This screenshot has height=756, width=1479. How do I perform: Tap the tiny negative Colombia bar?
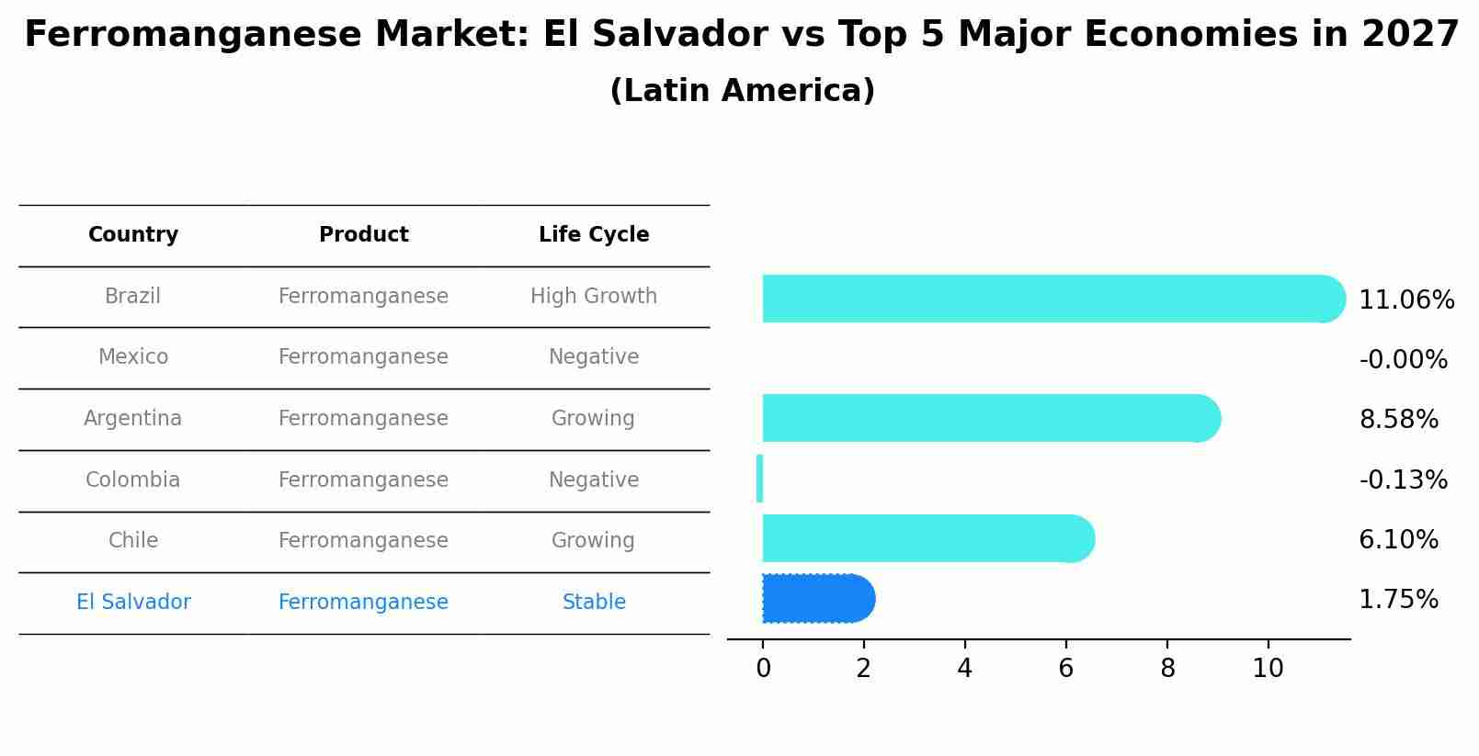759,479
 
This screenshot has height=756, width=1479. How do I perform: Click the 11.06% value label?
1405,300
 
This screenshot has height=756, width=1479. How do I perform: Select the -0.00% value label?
1403,360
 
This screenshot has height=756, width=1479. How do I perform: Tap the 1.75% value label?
1398,600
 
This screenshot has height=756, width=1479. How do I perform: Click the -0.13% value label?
1403,480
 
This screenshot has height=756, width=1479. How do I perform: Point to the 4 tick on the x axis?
964,669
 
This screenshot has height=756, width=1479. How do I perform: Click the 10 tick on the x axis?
1268,669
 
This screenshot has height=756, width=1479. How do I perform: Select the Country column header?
133,235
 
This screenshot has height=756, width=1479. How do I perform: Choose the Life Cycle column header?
594,235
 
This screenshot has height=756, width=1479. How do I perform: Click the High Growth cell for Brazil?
594,297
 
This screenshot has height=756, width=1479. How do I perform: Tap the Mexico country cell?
133,357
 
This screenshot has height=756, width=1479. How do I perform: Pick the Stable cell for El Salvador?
594,603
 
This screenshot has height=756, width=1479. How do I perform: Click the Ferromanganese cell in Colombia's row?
363,480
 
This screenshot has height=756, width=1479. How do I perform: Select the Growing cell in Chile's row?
593,541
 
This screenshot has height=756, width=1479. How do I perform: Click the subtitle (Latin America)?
742,91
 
